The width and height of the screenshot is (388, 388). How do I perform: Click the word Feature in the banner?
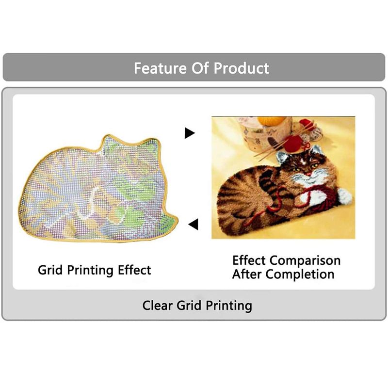click(160, 68)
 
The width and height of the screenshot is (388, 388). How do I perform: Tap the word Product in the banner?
click(241, 68)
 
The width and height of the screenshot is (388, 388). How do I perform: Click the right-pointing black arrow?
click(190, 133)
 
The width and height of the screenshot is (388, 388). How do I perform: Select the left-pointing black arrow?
click(193, 224)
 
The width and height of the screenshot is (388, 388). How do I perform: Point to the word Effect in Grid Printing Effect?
click(134, 270)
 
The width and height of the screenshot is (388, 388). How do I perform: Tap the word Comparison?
click(305, 261)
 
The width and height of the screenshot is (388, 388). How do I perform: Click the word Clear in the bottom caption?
click(157, 306)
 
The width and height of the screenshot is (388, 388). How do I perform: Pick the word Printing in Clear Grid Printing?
click(229, 306)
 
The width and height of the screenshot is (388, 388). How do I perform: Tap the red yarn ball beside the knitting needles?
click(293, 144)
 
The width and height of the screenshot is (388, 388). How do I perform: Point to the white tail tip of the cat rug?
click(345, 196)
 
